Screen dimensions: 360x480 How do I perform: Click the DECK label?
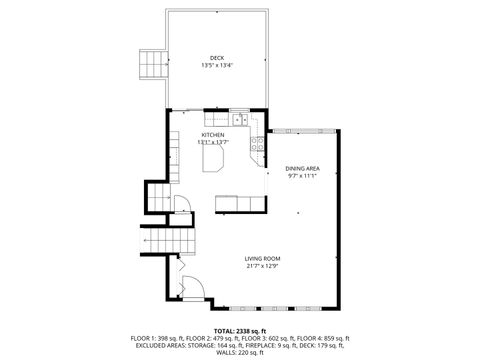(x=217, y=57)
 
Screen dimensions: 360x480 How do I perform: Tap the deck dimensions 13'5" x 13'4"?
(x=217, y=66)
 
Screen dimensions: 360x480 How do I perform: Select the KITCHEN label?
(x=213, y=135)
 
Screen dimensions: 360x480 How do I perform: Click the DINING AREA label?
(x=302, y=169)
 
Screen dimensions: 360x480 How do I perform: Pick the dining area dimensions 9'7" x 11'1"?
(x=302, y=177)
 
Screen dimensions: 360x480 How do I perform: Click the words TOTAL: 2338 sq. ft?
(x=240, y=328)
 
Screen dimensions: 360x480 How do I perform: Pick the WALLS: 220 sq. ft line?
(x=240, y=352)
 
